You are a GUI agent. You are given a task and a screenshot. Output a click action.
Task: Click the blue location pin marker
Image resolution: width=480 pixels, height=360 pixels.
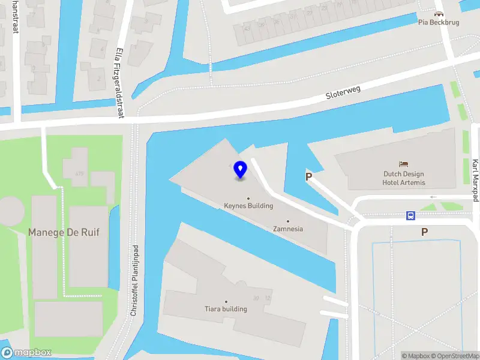(241, 170)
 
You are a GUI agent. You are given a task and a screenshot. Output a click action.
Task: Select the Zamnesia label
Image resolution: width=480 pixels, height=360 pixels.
(288, 229)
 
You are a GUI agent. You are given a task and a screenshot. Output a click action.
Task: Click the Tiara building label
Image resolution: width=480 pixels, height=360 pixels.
(226, 309)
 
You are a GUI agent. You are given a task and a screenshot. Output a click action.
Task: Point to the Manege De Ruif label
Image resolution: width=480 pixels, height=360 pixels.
(64, 232)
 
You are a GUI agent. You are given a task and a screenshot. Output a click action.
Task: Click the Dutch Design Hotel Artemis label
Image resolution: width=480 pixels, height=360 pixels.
(404, 178)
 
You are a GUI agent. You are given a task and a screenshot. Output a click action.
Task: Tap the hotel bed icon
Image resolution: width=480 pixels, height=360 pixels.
(404, 164)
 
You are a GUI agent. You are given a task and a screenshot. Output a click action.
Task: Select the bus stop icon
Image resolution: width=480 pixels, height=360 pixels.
(411, 216)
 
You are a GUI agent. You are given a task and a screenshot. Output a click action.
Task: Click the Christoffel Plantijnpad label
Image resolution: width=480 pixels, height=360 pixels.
(134, 280)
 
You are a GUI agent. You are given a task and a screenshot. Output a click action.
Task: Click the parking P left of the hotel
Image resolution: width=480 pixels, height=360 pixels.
(309, 176)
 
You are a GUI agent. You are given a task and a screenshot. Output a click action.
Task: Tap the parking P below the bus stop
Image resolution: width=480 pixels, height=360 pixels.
(425, 232)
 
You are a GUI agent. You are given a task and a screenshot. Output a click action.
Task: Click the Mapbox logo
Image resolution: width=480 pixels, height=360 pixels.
(26, 353)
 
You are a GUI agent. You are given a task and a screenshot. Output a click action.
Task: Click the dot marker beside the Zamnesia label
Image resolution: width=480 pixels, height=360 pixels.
(288, 221)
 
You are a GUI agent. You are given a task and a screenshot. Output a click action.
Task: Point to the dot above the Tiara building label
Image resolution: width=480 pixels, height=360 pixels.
(226, 301)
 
